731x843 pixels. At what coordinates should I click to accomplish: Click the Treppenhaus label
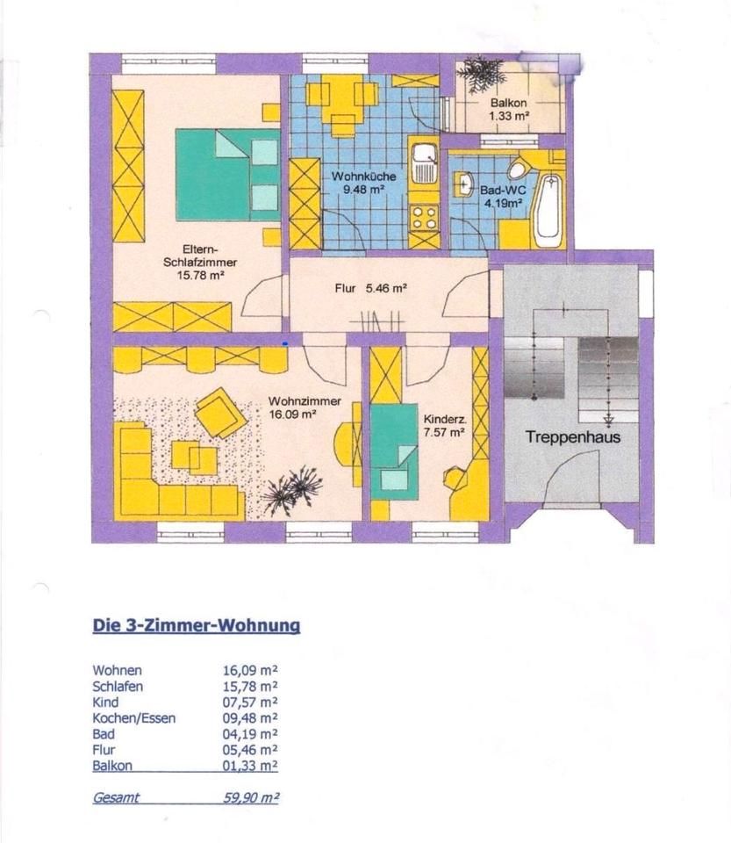(573, 436)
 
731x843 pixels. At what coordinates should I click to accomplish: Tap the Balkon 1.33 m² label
(509, 108)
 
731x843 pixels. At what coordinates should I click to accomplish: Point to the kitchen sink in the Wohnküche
(424, 163)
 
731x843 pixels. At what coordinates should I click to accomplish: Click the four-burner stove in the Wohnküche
(424, 217)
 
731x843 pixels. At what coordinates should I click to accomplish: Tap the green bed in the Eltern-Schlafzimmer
(226, 173)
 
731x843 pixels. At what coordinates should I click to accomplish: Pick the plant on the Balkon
(480, 75)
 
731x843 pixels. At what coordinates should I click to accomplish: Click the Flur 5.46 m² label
(370, 288)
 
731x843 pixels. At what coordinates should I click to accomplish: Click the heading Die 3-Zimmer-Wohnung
(197, 625)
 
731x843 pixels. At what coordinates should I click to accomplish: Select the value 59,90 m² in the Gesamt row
(251, 797)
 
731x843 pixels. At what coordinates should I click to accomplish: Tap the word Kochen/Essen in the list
(133, 717)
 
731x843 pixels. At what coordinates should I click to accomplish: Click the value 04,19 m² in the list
(250, 733)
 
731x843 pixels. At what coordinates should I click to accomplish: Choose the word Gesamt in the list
(116, 797)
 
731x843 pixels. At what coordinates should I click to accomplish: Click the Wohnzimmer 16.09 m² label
(305, 408)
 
